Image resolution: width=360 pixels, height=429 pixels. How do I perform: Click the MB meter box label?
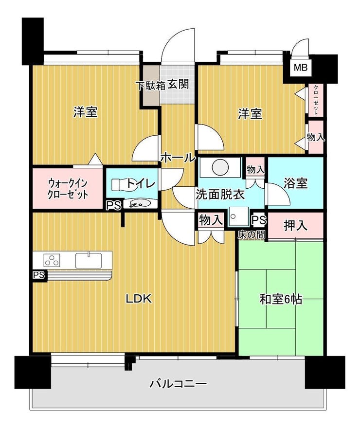[x=301, y=67]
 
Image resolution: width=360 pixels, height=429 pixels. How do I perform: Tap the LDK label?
[x=139, y=299]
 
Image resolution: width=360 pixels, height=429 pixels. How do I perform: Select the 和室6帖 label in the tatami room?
[x=281, y=300]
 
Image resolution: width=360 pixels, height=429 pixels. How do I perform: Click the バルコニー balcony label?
[x=178, y=384]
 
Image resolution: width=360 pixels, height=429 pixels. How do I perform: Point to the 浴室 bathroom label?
[x=296, y=183]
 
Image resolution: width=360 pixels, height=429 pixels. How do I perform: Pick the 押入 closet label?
[x=296, y=226]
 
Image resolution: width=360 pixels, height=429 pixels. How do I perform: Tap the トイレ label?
[x=141, y=183]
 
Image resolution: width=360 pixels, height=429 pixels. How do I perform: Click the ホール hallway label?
[x=178, y=158]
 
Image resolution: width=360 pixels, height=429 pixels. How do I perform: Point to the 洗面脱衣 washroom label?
[x=220, y=195]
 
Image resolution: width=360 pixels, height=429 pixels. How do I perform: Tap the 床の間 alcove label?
[x=251, y=234]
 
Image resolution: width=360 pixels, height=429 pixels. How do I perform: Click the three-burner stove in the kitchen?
[x=52, y=260]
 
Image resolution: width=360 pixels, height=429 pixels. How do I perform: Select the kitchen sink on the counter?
[x=89, y=261]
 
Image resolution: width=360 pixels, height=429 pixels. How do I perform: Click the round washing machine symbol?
[x=220, y=167]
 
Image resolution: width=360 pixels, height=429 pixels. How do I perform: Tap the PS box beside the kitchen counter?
[x=39, y=275]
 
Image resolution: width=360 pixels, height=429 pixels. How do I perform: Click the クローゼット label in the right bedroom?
[x=316, y=100]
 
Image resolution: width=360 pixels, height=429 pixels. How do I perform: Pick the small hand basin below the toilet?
[x=140, y=203]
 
